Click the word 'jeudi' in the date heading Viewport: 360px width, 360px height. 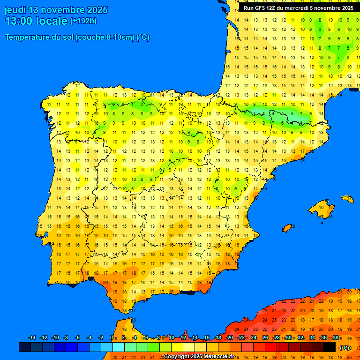click(x=15, y=10)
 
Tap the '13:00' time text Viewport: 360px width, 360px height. click(x=19, y=21)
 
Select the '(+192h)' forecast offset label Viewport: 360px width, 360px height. click(x=83, y=21)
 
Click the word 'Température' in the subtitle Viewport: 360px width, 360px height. click(x=28, y=37)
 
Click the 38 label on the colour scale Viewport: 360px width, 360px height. click(x=336, y=338)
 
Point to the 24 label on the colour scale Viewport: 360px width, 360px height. click(x=254, y=338)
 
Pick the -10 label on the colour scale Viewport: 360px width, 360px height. click(x=55, y=338)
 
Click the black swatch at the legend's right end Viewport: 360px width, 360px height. click(x=330, y=347)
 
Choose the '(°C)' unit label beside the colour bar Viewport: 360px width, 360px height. click(x=345, y=348)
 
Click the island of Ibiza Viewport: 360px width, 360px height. click(x=288, y=228)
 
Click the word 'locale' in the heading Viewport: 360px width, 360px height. click(x=52, y=21)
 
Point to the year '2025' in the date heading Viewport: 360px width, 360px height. click(x=97, y=10)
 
